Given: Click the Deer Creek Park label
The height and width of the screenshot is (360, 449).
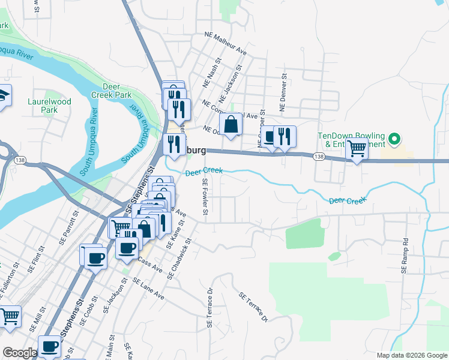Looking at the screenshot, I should (x=111, y=91).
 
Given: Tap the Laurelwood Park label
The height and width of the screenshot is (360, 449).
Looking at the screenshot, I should (x=49, y=106).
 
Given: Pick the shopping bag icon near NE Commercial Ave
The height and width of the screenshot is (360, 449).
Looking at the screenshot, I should (x=231, y=125).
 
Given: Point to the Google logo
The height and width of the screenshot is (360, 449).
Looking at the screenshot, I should (x=19, y=353).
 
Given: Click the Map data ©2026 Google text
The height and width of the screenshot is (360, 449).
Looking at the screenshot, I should (x=412, y=355).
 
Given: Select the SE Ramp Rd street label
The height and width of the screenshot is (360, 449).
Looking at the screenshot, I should (x=405, y=256).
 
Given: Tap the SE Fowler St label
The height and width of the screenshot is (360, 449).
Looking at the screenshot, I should (x=205, y=199).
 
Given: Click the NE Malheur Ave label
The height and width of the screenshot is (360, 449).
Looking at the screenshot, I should (x=225, y=43).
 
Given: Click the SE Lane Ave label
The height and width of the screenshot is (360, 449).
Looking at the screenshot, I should (x=148, y=289).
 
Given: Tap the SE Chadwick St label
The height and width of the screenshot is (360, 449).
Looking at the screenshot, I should (x=179, y=259).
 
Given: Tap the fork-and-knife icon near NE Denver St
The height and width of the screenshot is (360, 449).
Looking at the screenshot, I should (x=285, y=136).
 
